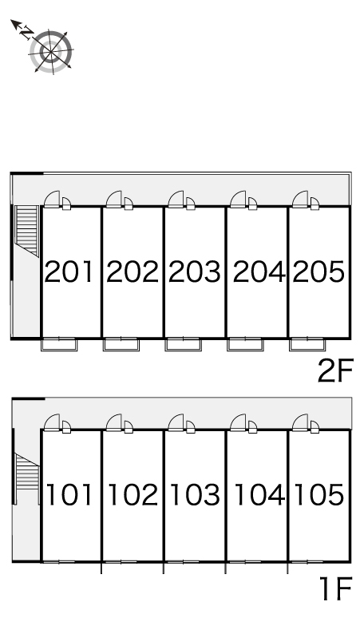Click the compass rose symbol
click(51, 52)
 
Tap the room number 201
click(69, 271)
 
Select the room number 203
click(195, 271)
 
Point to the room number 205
click(318, 271)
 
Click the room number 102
click(133, 494)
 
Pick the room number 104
click(259, 494)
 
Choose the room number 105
click(319, 494)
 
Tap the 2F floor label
click(335, 370)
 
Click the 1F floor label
click(335, 588)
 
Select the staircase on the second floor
click(27, 231)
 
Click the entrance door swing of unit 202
click(114, 199)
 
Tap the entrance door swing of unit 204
click(238, 199)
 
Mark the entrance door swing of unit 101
click(52, 422)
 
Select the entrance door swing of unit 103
click(176, 422)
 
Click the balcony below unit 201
click(59, 344)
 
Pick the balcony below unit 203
click(183, 344)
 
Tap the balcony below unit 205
click(307, 344)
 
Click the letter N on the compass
click(26, 32)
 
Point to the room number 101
click(69, 494)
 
